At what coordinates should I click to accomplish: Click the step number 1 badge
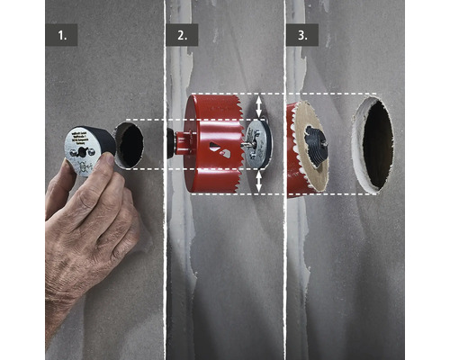[61, 36]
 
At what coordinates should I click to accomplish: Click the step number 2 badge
[182, 36]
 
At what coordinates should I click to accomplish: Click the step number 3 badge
[302, 36]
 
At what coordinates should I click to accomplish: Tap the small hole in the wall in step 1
[130, 145]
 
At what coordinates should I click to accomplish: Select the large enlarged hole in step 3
[373, 145]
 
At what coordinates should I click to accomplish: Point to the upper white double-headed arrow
[260, 106]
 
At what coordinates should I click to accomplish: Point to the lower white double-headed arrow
[260, 183]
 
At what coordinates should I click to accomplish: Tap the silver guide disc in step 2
[258, 145]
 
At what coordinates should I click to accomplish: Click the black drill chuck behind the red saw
[171, 142]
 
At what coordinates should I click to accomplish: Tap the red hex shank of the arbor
[184, 143]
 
